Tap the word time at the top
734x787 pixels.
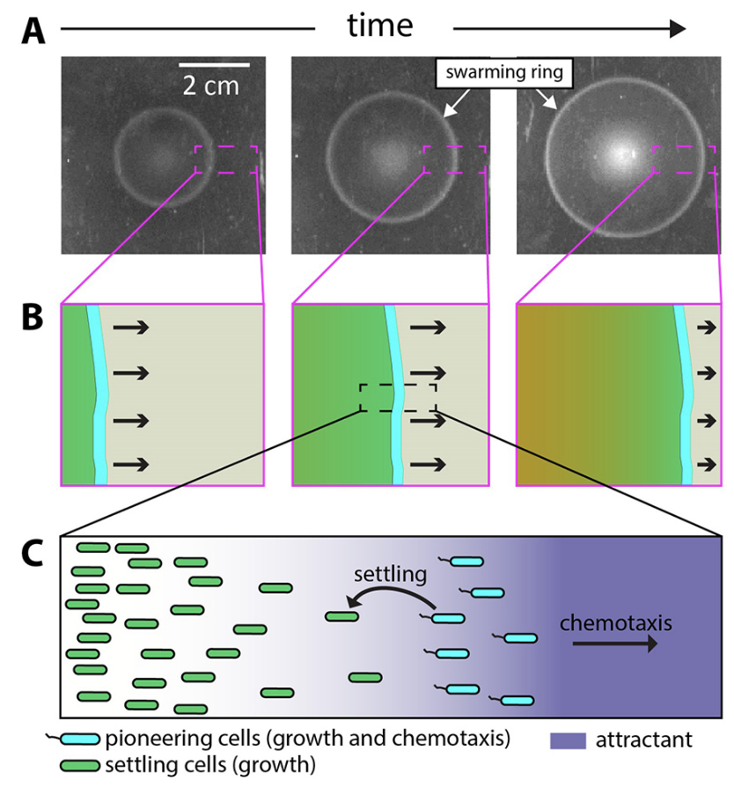(x=380, y=26)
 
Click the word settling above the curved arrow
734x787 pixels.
(x=390, y=576)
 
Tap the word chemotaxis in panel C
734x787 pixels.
(x=616, y=622)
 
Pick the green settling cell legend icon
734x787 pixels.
(x=77, y=764)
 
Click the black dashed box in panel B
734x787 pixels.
(x=397, y=397)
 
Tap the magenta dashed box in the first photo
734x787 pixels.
(x=226, y=160)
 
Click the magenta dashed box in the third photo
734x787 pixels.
(x=684, y=160)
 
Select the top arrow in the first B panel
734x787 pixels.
(x=130, y=328)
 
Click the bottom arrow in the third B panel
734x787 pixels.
(x=706, y=461)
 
